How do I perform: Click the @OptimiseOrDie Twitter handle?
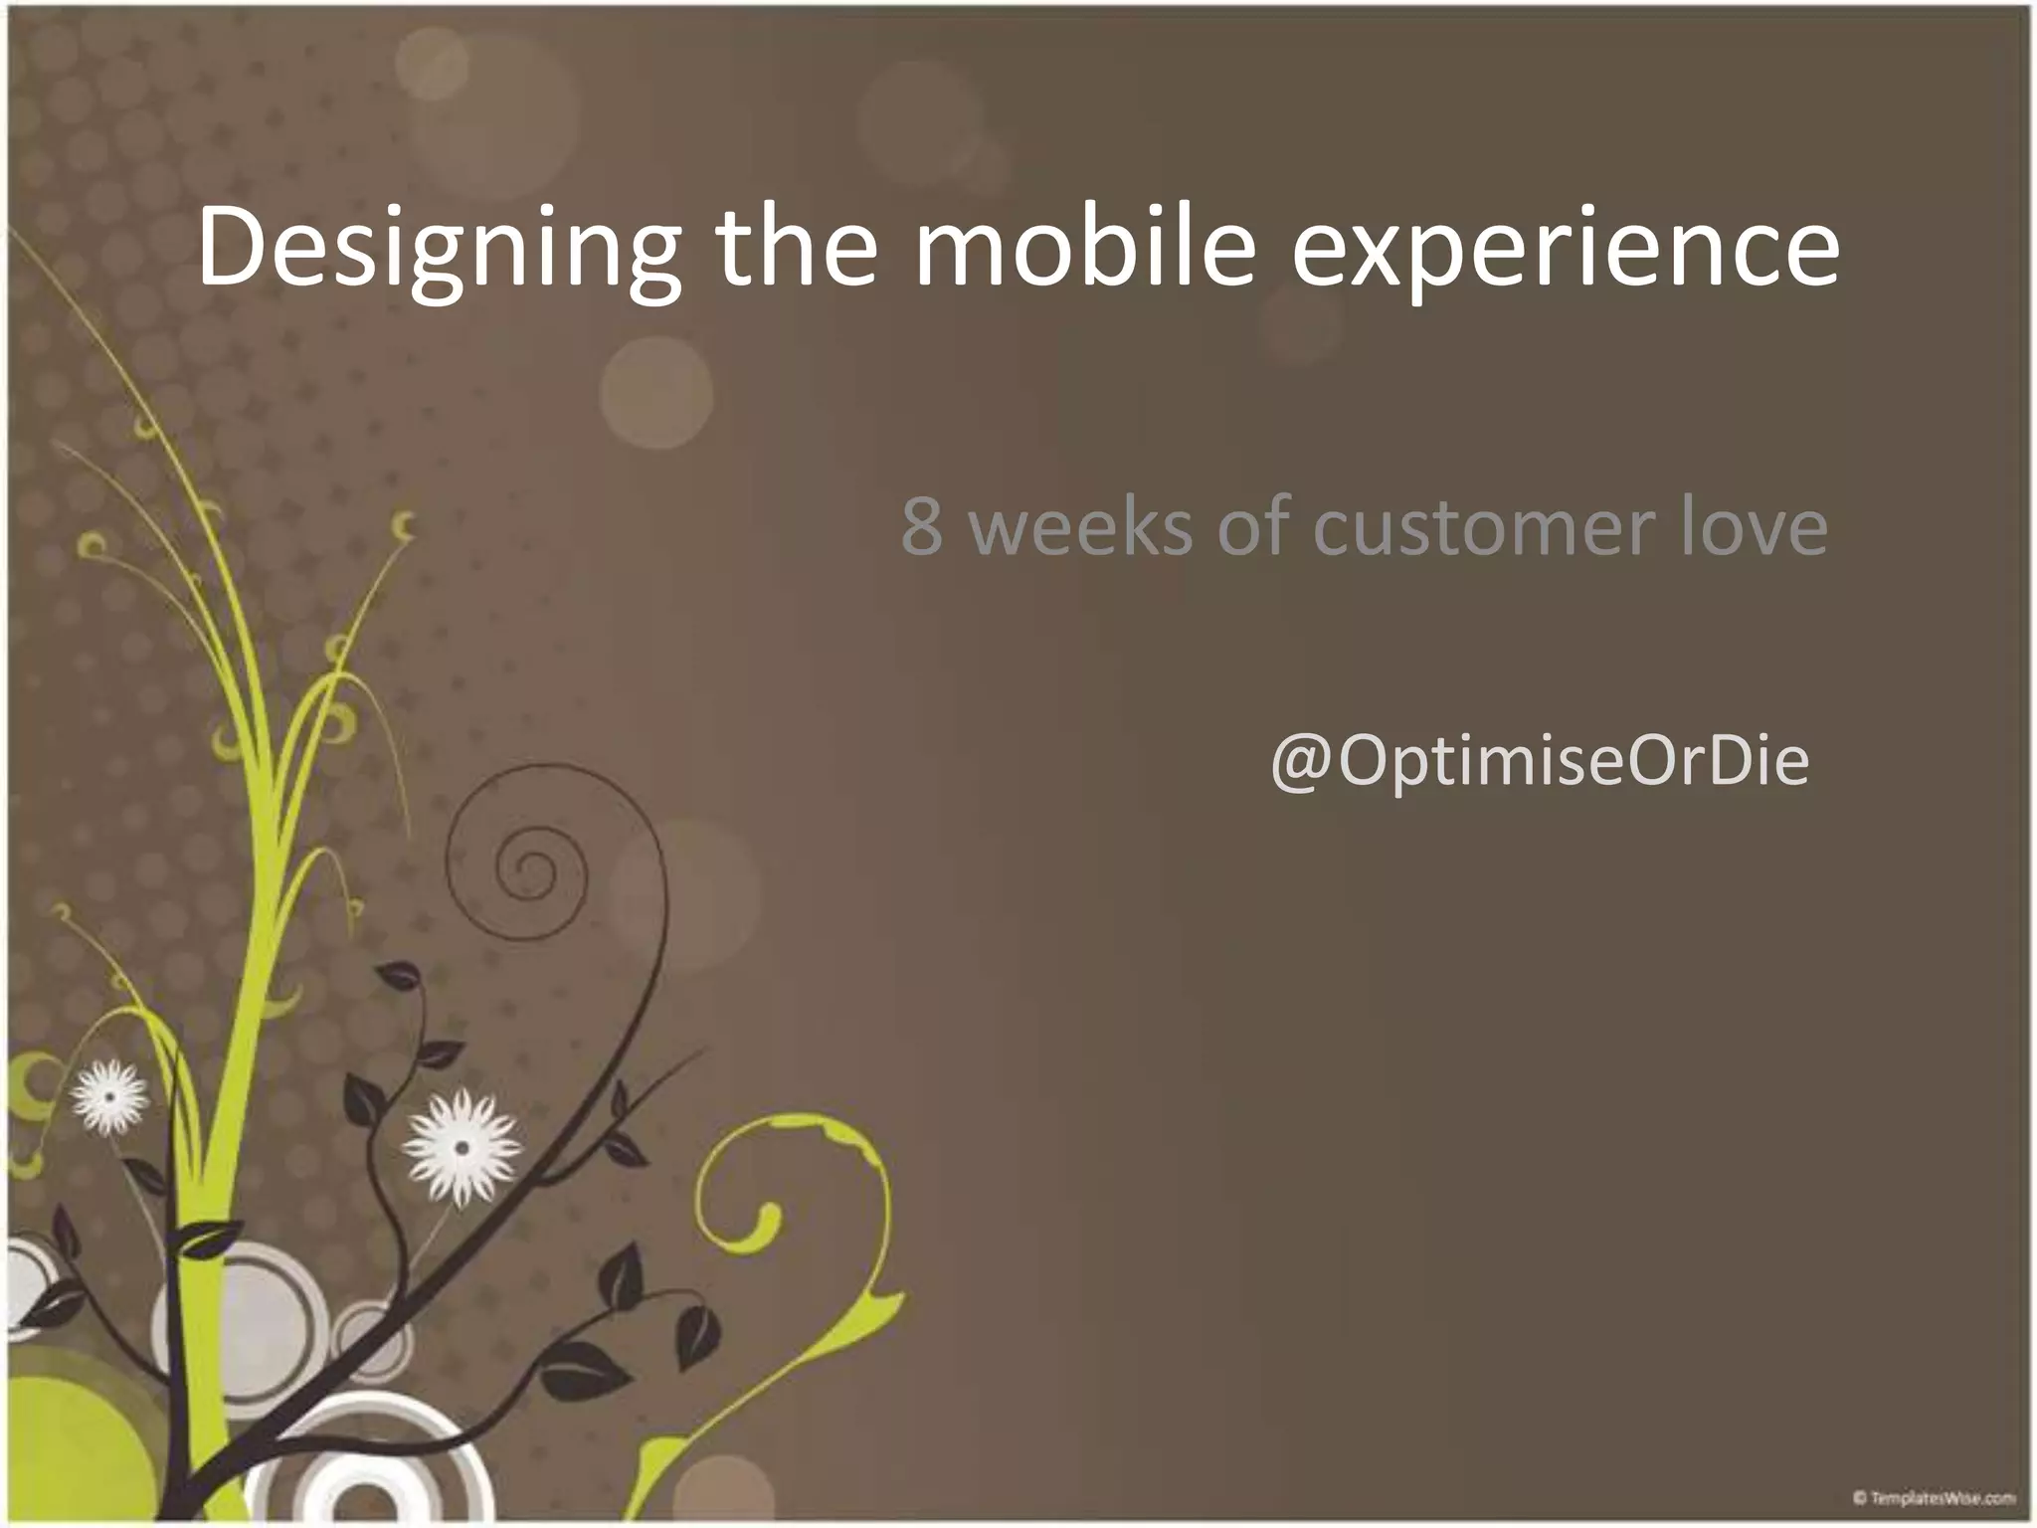[1539, 762]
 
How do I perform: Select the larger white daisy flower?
[461, 1147]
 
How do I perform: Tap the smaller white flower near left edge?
[109, 1096]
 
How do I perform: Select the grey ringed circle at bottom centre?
[368, 1462]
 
